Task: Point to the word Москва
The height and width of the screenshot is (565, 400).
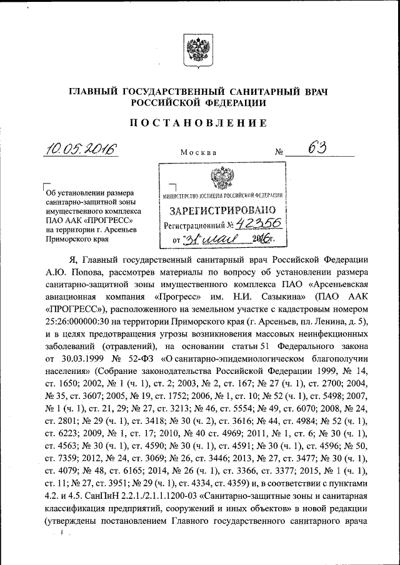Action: [198, 152]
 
